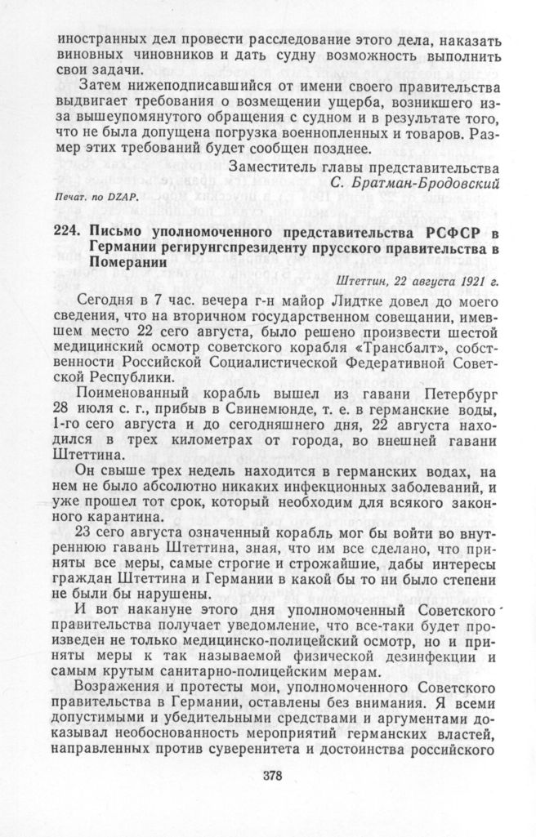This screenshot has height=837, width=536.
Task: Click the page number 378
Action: click(272, 776)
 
